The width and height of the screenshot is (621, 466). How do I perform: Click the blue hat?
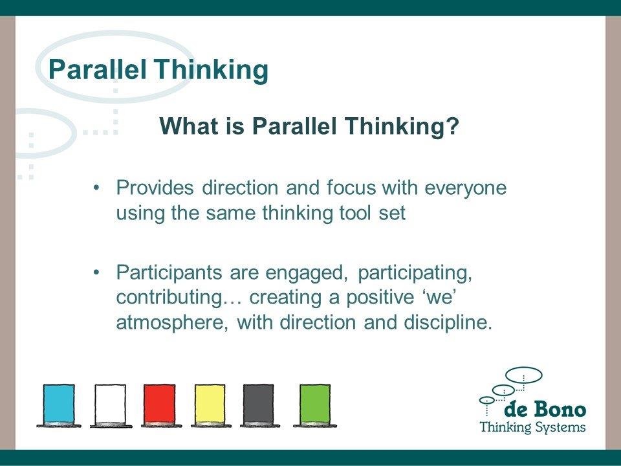coord(59,405)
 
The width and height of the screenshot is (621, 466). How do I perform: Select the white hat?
coord(111,405)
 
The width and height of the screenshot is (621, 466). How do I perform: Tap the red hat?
coord(160,405)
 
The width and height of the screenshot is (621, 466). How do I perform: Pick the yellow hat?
coord(210,405)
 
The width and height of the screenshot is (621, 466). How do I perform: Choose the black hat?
coord(259,405)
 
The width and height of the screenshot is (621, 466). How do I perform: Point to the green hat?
coord(315,405)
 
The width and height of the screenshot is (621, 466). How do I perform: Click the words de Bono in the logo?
coord(545,409)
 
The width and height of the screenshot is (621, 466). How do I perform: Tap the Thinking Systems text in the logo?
coord(532,427)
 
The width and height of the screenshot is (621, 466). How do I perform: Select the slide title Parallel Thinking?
coord(158,69)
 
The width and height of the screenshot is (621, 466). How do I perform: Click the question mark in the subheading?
coord(453,126)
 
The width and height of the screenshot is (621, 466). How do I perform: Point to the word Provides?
coord(155,188)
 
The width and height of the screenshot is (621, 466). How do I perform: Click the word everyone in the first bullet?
coord(465,188)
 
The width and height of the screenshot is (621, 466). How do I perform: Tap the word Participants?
coord(169,273)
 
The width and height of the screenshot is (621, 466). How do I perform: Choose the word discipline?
coord(448,322)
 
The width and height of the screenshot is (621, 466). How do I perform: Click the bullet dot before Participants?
coord(96,273)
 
